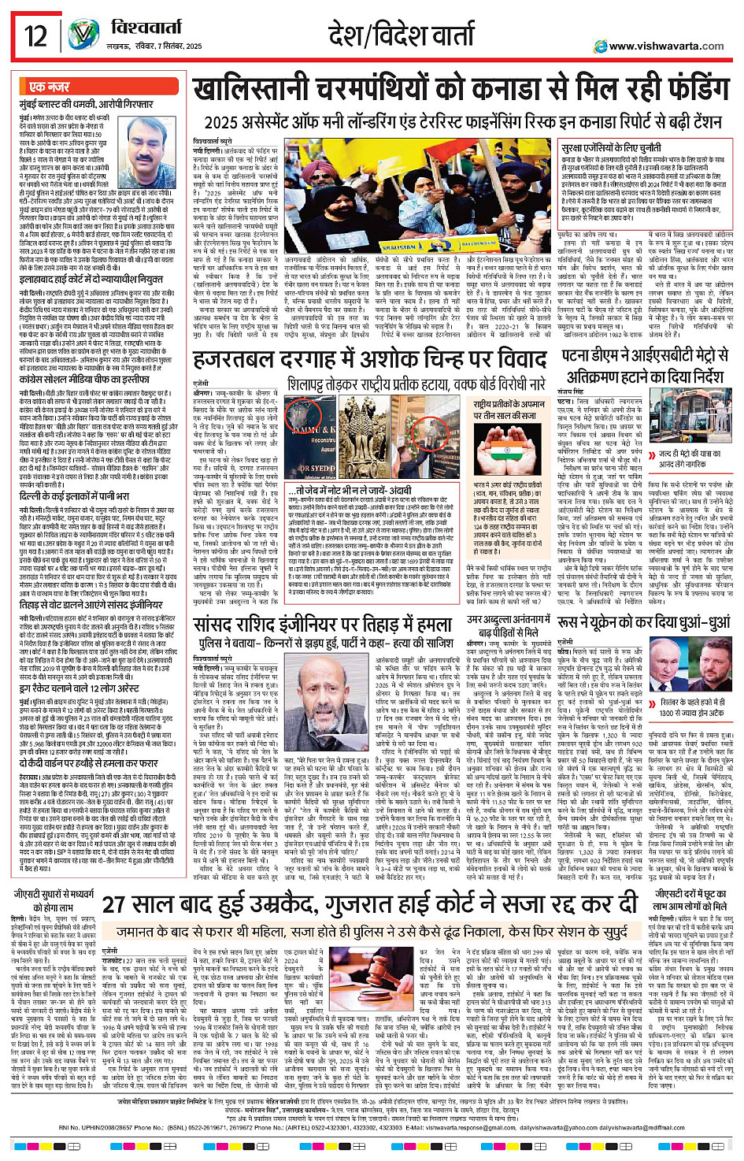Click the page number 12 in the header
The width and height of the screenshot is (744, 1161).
point(36,36)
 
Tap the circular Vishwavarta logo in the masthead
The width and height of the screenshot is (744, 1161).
point(83,35)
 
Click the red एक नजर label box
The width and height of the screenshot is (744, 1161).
point(50,87)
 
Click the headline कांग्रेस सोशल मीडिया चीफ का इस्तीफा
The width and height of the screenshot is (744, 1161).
point(85,380)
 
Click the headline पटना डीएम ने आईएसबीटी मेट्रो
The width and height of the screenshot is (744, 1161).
point(646,356)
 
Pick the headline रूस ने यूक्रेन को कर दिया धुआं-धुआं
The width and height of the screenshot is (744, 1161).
point(644,623)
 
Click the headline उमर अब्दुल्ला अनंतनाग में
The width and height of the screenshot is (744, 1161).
point(509,620)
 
